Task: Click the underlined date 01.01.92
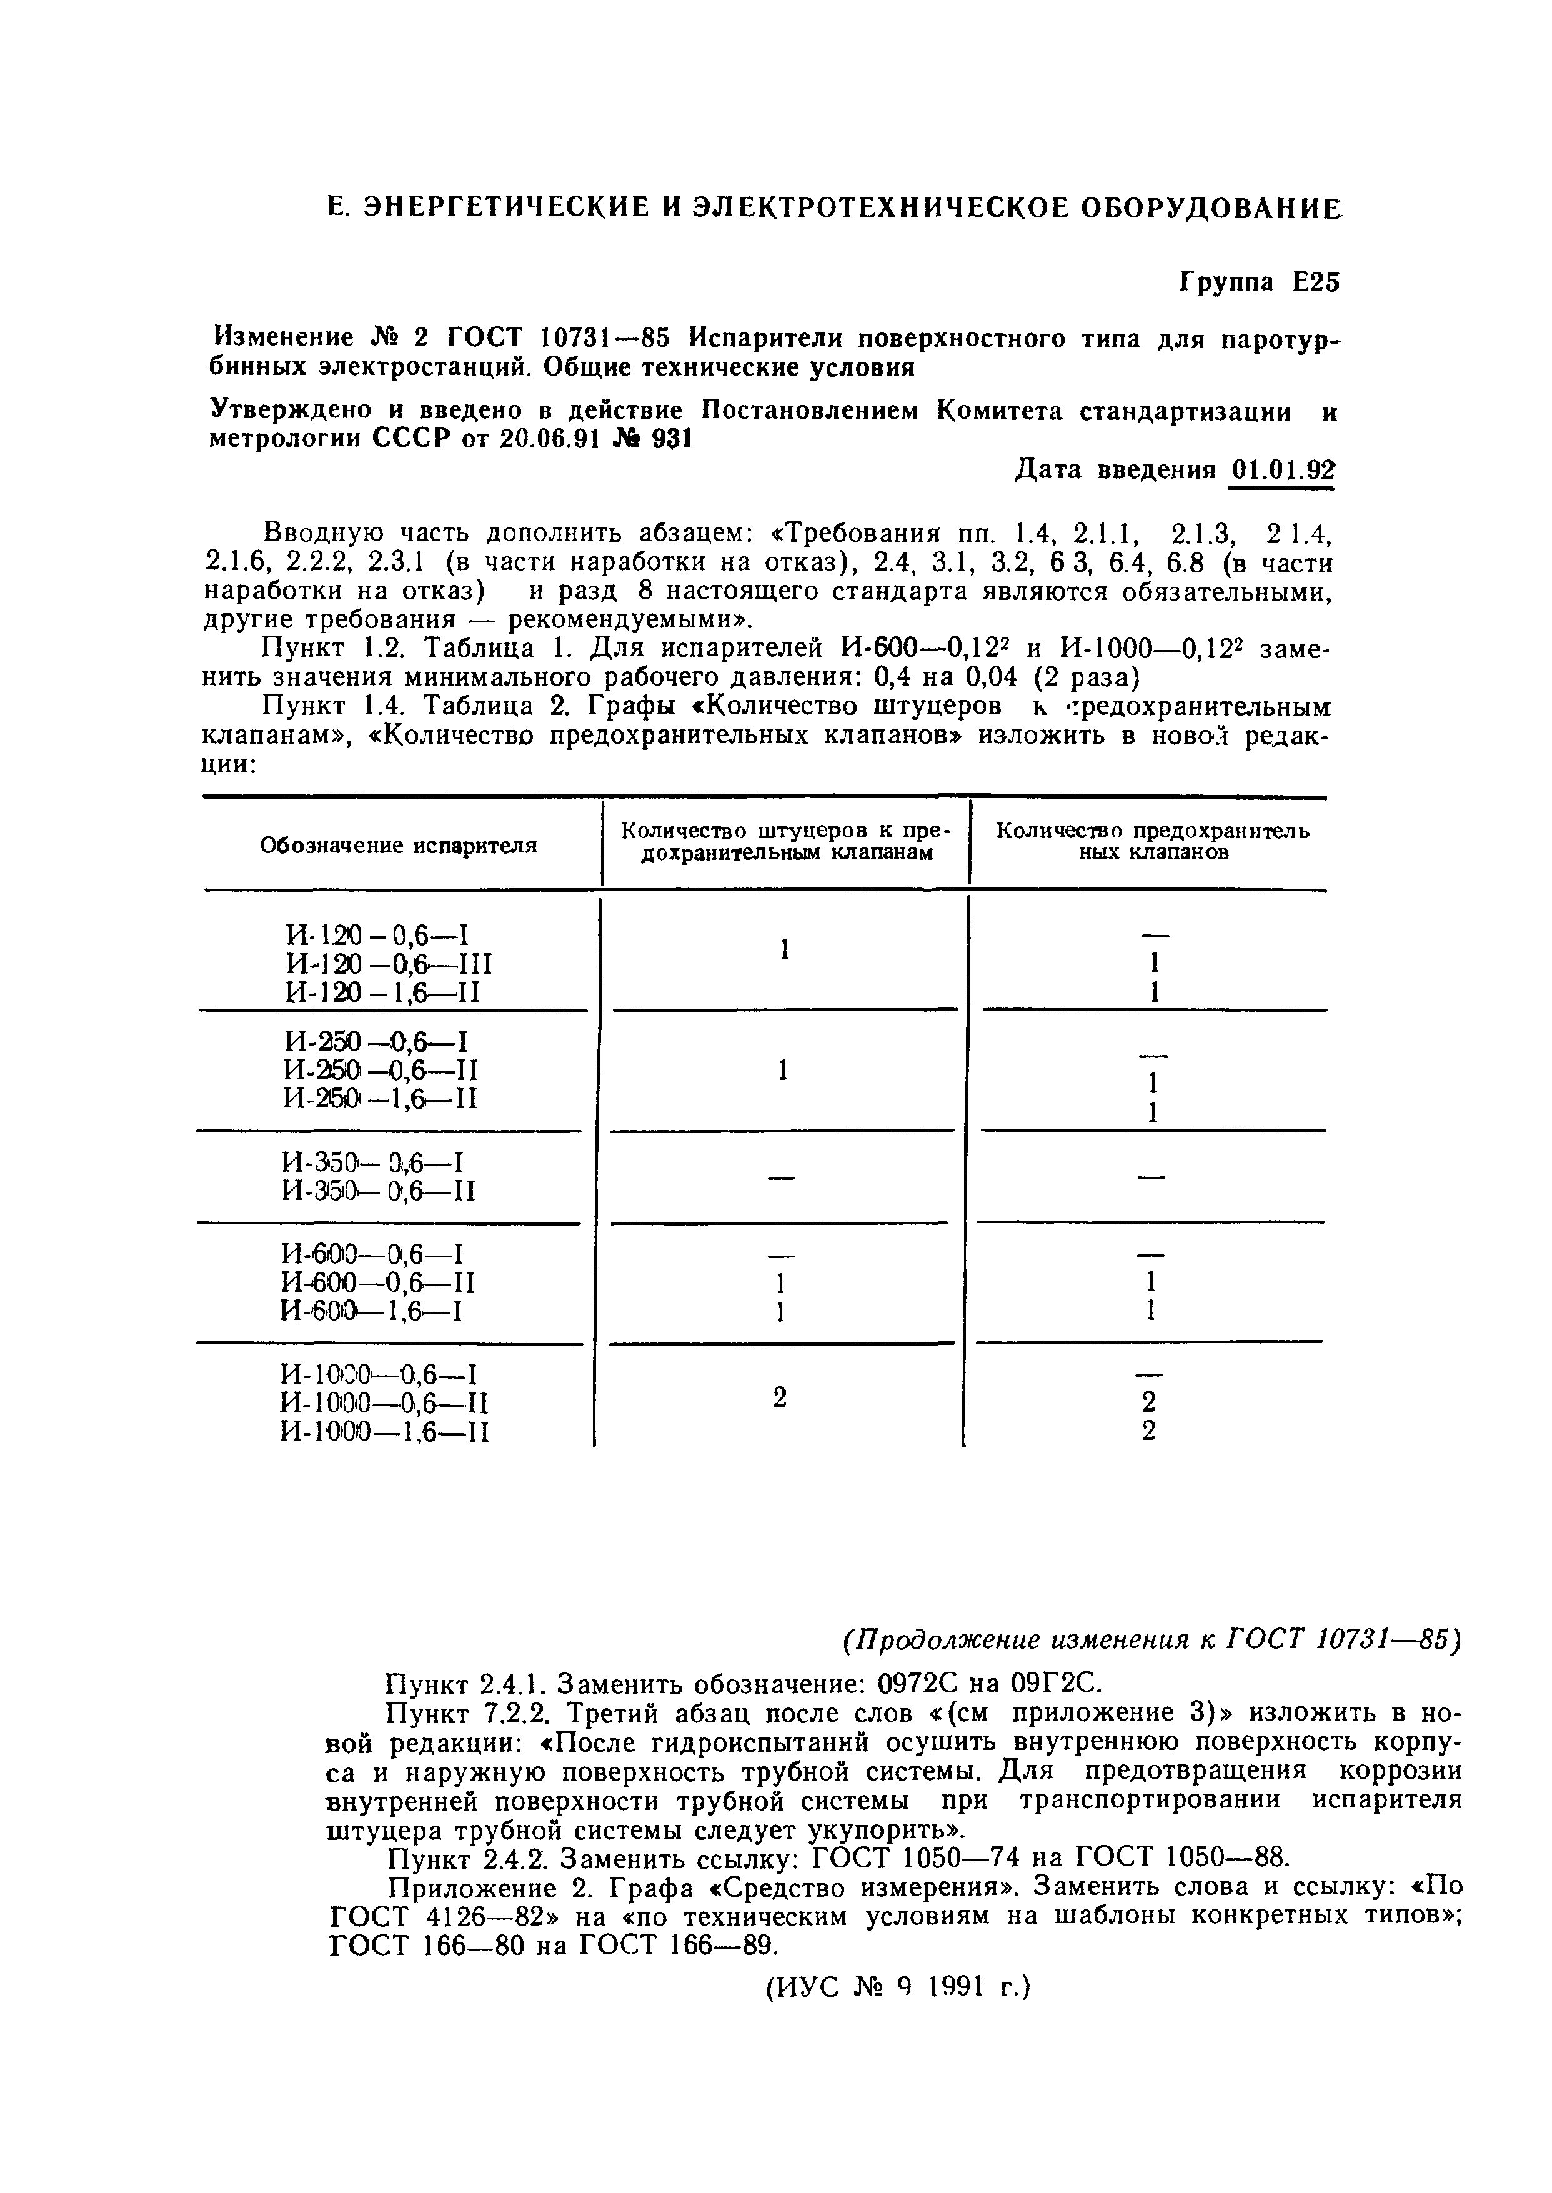pos(1281,471)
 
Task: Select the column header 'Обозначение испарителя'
pos(399,845)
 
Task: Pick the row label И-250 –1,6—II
pos(381,1099)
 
